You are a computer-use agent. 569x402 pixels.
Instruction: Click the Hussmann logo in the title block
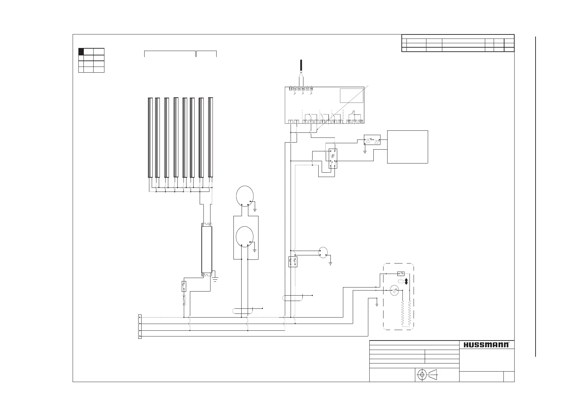point(486,345)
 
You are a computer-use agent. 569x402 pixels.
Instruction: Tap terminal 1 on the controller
point(291,122)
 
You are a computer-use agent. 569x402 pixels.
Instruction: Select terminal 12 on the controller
point(361,122)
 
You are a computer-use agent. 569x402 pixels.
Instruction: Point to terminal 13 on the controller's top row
point(291,89)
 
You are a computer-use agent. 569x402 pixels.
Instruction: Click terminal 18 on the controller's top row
point(311,89)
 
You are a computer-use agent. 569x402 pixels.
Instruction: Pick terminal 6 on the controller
point(322,122)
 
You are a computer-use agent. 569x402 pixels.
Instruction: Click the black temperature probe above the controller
point(301,66)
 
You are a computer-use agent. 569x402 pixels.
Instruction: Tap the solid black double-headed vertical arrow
point(406,281)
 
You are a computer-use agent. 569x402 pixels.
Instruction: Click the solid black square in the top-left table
point(81,52)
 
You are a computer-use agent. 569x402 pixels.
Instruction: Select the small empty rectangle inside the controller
point(351,95)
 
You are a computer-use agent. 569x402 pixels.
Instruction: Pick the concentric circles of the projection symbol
point(422,375)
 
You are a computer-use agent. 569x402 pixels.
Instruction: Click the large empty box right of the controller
point(407,147)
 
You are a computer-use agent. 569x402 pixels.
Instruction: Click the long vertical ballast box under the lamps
point(206,250)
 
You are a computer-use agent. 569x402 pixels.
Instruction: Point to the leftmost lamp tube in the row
point(150,137)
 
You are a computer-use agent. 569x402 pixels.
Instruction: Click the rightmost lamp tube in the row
point(211,137)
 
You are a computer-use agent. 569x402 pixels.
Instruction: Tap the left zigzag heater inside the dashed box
point(403,313)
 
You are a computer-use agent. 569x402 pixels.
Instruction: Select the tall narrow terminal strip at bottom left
point(140,327)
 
